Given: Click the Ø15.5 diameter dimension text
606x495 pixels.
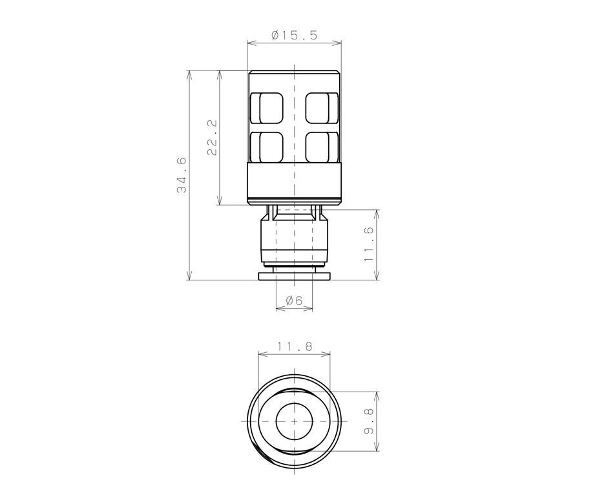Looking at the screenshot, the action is (x=295, y=36).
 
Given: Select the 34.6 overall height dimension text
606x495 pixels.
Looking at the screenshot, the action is (x=182, y=174).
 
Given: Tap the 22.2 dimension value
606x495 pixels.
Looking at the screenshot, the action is (x=213, y=137).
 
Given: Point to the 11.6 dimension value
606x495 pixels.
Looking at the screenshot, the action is (x=370, y=244).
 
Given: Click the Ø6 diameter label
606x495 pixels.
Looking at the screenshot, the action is (x=294, y=300).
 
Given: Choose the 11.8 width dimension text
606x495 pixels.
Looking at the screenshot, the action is (x=295, y=346).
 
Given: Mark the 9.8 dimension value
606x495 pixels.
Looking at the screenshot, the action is (x=370, y=421).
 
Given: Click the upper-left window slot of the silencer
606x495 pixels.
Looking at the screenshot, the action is (x=267, y=109).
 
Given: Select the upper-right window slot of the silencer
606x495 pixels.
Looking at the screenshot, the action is (x=322, y=109).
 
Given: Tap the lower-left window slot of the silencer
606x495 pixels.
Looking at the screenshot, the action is (x=267, y=147).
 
